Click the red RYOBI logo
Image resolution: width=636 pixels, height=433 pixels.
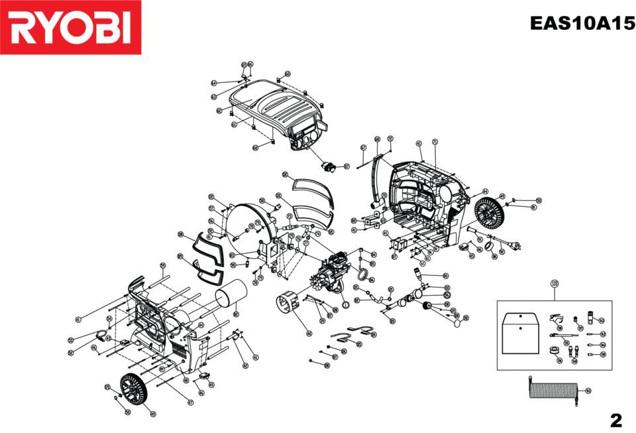coord(71,27)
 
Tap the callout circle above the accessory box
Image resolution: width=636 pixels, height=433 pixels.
coord(554,284)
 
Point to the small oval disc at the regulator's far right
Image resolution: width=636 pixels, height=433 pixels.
coord(456,323)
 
